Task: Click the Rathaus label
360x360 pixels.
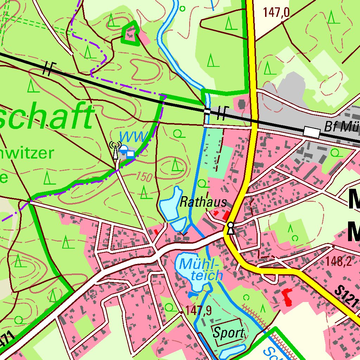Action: pos(202,202)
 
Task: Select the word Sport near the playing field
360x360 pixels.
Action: pos(229,332)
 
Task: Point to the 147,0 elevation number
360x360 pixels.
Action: pos(276,13)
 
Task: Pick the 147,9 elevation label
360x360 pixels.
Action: pos(198,310)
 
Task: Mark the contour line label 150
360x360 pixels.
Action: pos(144,177)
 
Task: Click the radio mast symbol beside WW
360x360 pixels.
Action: pos(115,150)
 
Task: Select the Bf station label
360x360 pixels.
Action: pos(339,127)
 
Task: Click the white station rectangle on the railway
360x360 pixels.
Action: pos(312,132)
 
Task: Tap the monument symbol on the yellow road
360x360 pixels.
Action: pos(230,228)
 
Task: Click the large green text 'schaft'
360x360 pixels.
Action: pos(46,116)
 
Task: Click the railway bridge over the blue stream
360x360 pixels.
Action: pos(207,111)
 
